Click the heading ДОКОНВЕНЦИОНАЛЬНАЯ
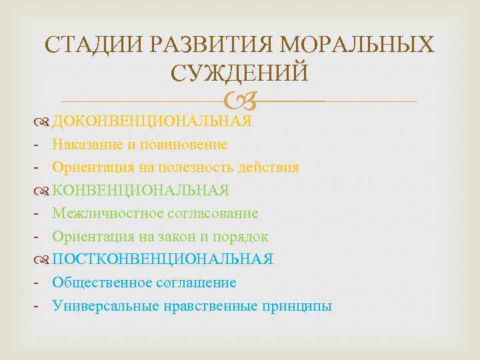point(152,121)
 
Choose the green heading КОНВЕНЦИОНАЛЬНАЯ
point(141,190)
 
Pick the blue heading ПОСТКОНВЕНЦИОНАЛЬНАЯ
point(163,259)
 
